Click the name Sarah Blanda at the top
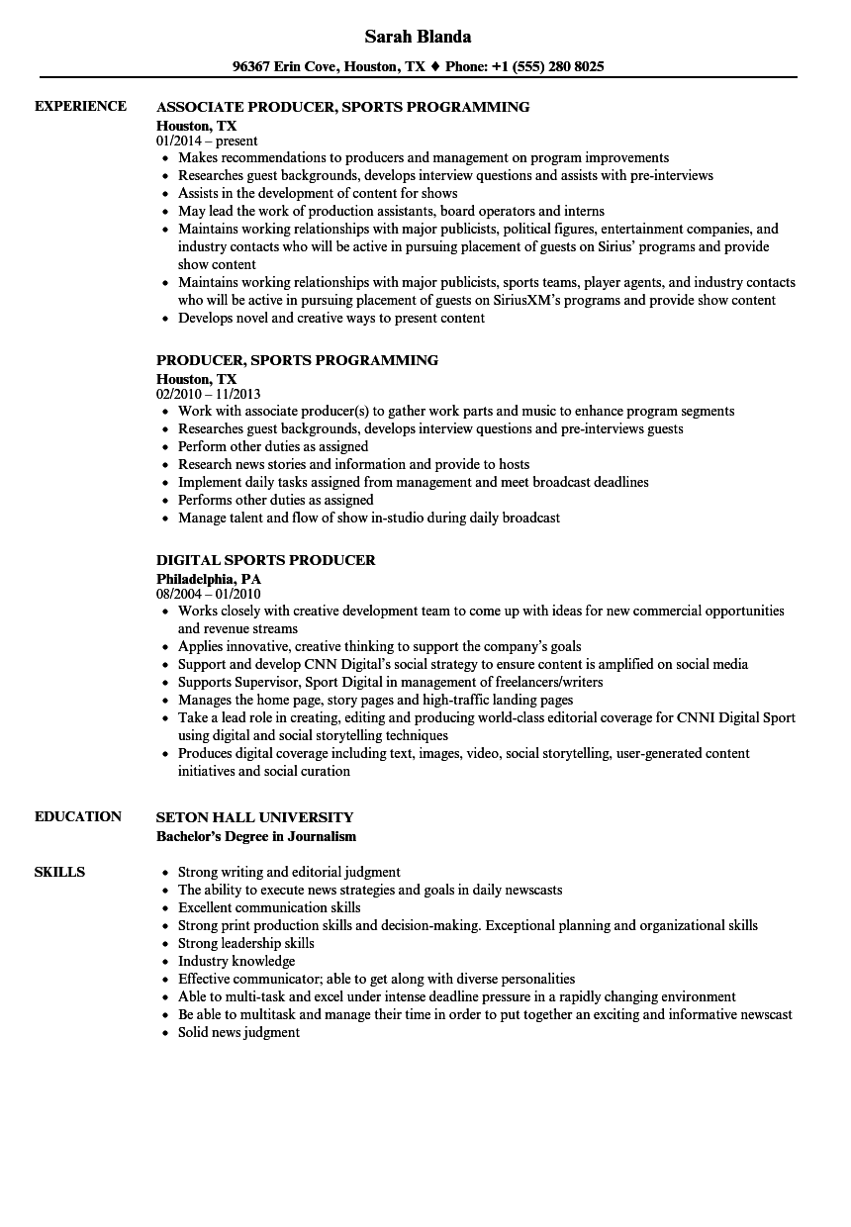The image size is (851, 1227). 418,37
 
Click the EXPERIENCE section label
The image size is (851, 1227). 80,106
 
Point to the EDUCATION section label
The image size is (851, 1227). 78,816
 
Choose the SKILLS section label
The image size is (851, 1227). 59,872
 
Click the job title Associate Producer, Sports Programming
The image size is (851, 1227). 342,107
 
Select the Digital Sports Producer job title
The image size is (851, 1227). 266,560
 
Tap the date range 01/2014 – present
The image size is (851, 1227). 207,142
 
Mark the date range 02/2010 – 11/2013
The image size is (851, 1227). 216,395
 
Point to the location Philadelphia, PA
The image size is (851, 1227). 209,578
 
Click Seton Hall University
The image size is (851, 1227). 255,817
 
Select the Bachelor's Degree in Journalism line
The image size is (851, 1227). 256,836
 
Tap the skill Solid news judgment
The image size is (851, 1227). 238,1032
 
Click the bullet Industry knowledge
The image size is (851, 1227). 236,961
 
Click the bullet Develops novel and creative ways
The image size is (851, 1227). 331,318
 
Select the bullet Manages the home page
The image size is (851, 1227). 375,700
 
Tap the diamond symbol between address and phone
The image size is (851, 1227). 435,67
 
